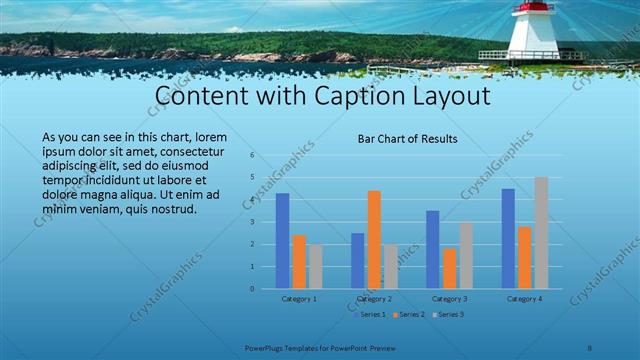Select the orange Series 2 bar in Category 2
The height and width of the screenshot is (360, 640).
coord(374,240)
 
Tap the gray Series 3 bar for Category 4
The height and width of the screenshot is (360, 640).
coord(541,233)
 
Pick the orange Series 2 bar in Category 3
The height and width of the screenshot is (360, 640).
coord(449,269)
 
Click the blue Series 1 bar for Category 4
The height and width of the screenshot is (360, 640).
coord(508,239)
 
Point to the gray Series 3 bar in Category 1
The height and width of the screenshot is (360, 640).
coord(315,267)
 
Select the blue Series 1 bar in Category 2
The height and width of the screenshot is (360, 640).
coord(358,261)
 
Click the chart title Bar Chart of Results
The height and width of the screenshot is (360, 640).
coord(408,139)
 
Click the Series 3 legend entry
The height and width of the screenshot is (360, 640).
coord(448,314)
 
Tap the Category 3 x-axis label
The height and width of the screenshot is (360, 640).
coord(449,298)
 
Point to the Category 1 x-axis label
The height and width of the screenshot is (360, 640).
coord(299,298)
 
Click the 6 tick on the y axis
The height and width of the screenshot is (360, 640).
coord(253,155)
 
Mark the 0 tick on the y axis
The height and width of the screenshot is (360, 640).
coord(253,289)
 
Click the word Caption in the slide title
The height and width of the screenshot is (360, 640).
coord(343,97)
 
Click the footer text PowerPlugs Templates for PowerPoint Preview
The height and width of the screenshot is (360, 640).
coord(319,348)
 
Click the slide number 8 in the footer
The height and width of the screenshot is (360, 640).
coord(590,348)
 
